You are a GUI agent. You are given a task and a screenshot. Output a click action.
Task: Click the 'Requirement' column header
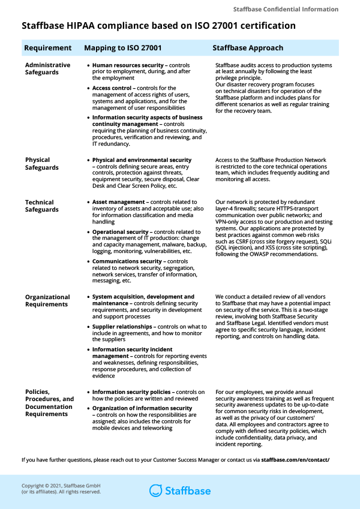pos(47,48)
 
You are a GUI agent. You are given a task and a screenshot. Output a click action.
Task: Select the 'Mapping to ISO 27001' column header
pos(122,48)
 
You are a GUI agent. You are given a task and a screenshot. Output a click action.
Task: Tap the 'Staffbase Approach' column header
pos(248,48)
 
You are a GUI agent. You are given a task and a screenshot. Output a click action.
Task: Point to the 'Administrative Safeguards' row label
pos(47,68)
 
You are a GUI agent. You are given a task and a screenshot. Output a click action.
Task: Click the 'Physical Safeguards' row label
pos(42,164)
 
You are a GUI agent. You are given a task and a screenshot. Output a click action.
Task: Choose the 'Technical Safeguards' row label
pos(42,206)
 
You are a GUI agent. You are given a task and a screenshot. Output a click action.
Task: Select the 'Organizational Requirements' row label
pos(47,300)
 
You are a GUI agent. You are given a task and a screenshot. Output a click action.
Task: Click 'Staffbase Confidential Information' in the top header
pos(286,10)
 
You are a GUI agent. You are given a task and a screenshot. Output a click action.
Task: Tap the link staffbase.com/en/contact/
pos(295,460)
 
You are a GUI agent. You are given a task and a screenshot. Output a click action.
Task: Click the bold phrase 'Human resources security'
pos(127,65)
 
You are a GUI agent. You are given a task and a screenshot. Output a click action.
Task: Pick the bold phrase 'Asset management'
pos(118,203)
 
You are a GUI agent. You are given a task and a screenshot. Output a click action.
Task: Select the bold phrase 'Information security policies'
pos(133,392)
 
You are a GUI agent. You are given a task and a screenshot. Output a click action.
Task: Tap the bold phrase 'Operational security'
pos(120,232)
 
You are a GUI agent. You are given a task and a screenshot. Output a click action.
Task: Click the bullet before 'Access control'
pos(89,88)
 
